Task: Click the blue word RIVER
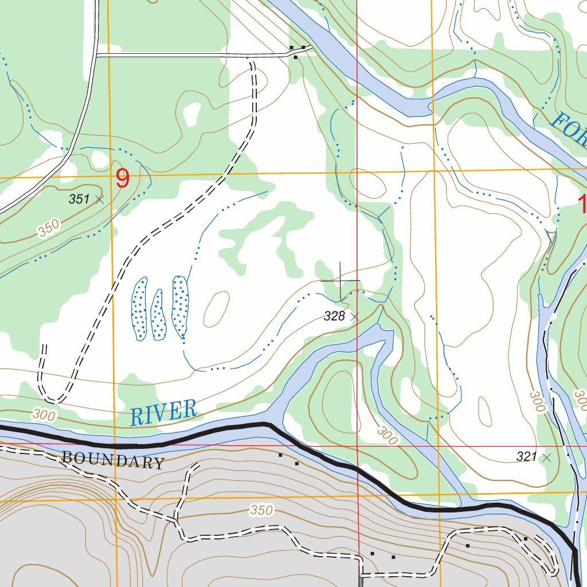coord(163,413)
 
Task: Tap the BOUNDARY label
coord(112,460)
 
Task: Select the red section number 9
coord(123,179)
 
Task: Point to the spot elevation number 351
coord(79,199)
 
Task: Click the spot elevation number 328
coord(334,316)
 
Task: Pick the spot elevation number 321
coord(526,457)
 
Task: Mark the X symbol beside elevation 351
coord(100,199)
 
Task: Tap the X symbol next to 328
coord(354,316)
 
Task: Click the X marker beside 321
coord(546,457)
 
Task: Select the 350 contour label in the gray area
coord(261,510)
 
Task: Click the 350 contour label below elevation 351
coord(49,229)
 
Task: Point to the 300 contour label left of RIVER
coord(44,414)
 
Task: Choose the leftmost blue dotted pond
coord(139,308)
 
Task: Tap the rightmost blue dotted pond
coord(180,307)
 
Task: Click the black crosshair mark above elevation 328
coord(341,281)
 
